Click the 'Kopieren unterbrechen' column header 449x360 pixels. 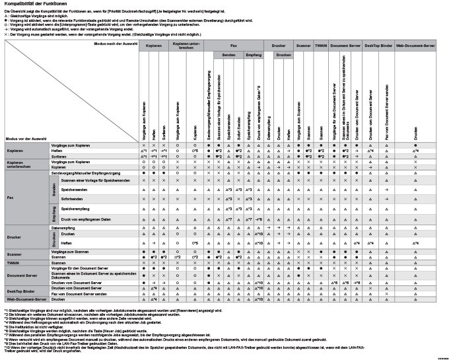[x=188, y=46]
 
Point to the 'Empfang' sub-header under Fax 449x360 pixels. [x=254, y=54]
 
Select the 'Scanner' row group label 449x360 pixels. [x=15, y=254]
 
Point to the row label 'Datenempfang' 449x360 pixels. [x=62, y=227]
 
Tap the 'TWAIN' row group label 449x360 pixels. [x=14, y=262]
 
